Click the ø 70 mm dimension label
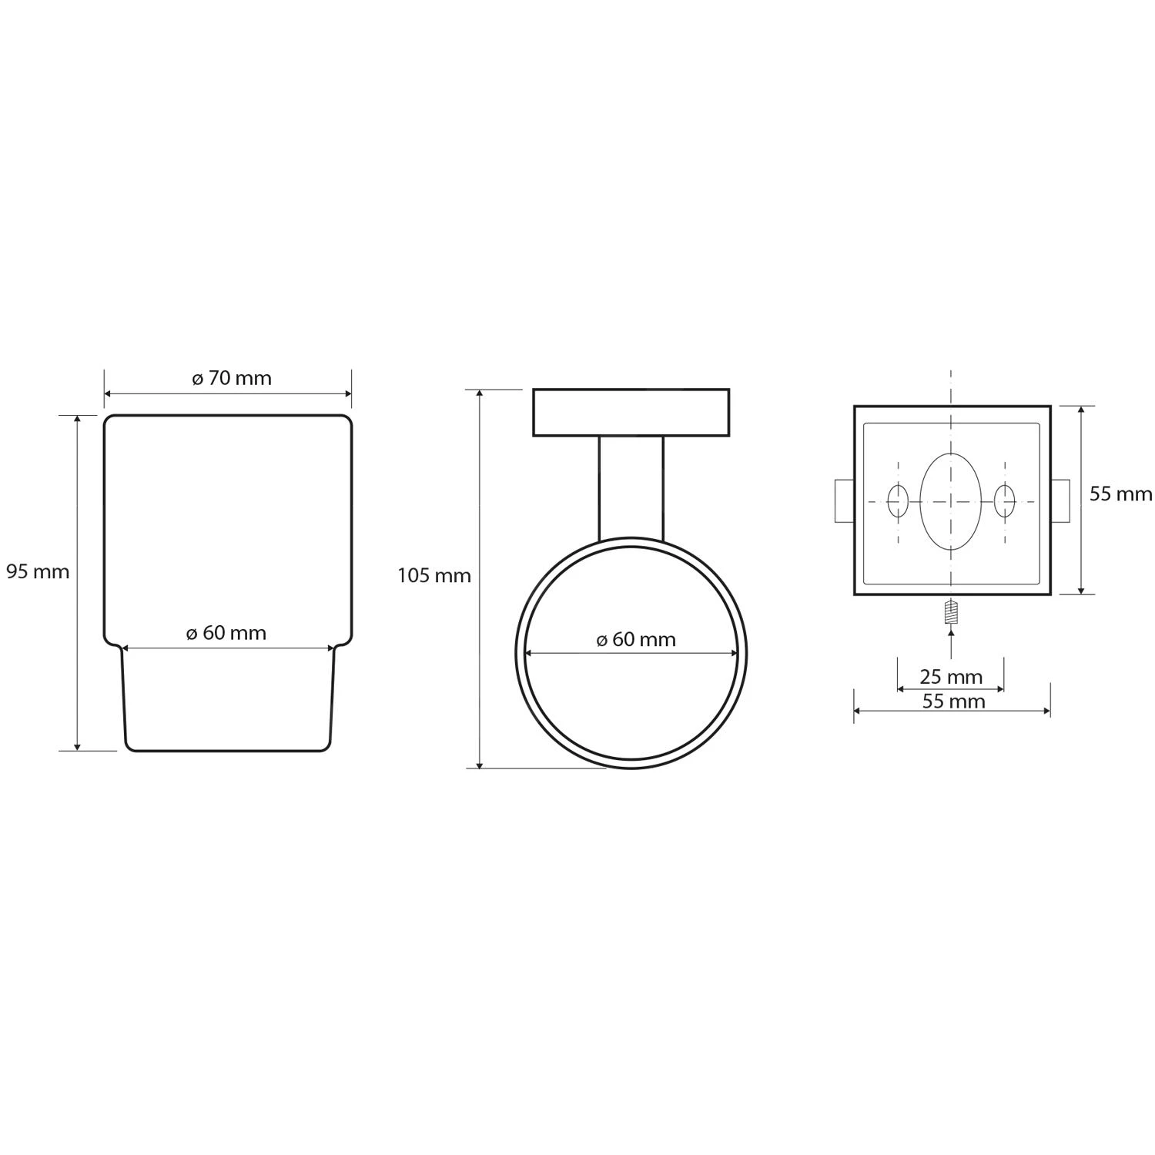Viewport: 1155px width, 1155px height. [x=232, y=378]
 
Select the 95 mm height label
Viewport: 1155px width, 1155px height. [x=38, y=572]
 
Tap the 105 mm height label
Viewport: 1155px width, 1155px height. [x=434, y=576]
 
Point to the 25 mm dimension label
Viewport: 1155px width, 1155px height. [x=951, y=677]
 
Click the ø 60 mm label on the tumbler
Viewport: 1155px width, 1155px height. [x=226, y=633]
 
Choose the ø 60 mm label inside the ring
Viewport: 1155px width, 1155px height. [x=636, y=640]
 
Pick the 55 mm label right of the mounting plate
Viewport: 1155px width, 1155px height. [x=1120, y=494]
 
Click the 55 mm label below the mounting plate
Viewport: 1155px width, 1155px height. [x=953, y=701]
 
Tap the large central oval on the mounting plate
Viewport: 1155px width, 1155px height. [x=951, y=502]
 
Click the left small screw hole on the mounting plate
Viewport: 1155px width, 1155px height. [x=898, y=502]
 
